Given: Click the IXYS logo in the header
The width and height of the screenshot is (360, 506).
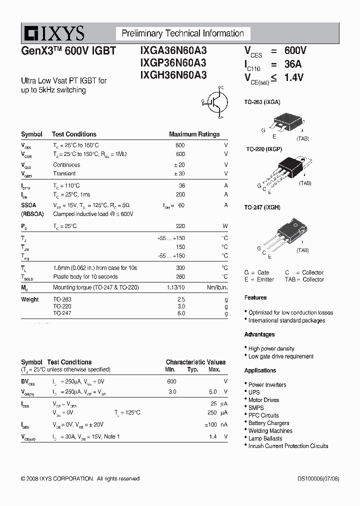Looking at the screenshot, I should coord(53,33).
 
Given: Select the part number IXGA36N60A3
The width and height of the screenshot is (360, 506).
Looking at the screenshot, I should coord(170,51).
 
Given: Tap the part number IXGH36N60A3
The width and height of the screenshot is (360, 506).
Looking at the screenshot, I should coord(170,75).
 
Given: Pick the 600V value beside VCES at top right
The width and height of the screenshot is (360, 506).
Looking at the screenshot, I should coord(295,51).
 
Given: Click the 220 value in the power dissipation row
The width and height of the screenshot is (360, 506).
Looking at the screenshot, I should coord(180,226).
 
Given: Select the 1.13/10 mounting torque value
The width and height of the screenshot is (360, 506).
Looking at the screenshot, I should coord(175,287).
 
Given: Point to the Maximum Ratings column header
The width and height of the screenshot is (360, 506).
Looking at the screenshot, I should coord(194,134).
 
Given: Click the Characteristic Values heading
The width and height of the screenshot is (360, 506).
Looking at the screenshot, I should coord(195,362).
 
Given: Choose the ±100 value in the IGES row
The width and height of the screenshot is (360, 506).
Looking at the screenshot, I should coord(212,424).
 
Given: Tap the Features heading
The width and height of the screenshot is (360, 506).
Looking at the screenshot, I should coord(255,297).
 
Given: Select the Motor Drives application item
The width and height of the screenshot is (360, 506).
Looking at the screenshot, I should coord(263,400).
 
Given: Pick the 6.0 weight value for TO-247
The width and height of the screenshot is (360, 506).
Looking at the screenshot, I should coord(180,313).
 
